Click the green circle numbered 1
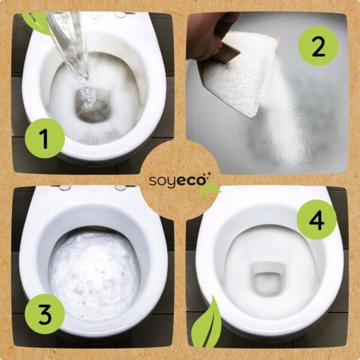45,138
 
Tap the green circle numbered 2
318,46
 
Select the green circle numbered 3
45,314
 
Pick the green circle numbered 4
317,220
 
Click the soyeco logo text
177,181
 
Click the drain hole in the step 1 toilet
93,106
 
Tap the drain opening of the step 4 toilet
268,279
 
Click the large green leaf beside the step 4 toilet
206,324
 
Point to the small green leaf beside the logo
208,190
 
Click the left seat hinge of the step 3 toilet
65,188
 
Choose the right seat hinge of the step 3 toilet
121,188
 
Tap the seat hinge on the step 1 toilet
121,14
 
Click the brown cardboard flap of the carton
230,53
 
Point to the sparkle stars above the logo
208,175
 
